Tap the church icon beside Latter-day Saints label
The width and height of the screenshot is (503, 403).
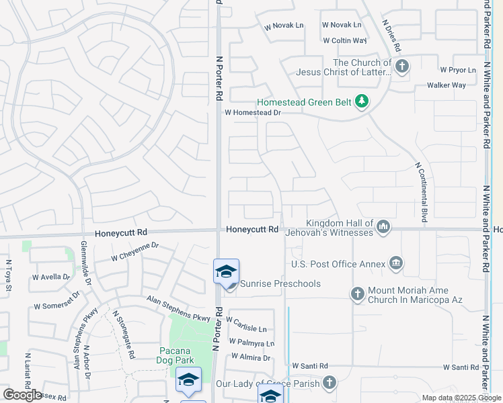pos(402,66)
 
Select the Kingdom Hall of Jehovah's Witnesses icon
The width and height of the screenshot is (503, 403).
pos(383,226)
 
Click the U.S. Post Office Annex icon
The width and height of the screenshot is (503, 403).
pos(396,262)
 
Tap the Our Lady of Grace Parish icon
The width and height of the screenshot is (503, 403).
pos(329,383)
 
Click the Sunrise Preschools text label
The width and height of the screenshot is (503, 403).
pos(280,283)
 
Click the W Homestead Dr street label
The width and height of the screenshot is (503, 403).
pos(252,114)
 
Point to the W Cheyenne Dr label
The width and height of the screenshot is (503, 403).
pos(134,251)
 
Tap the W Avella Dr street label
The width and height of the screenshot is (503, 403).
pos(51,277)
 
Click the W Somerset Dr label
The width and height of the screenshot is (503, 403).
pos(56,300)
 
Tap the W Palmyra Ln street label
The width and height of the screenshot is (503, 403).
pos(251,343)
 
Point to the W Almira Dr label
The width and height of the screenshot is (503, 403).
pos(249,359)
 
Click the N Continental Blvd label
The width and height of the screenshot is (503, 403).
pos(422,192)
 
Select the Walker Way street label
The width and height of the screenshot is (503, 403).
pos(447,85)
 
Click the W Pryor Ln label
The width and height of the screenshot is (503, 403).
pos(458,70)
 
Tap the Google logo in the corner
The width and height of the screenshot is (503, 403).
pos(22,395)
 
